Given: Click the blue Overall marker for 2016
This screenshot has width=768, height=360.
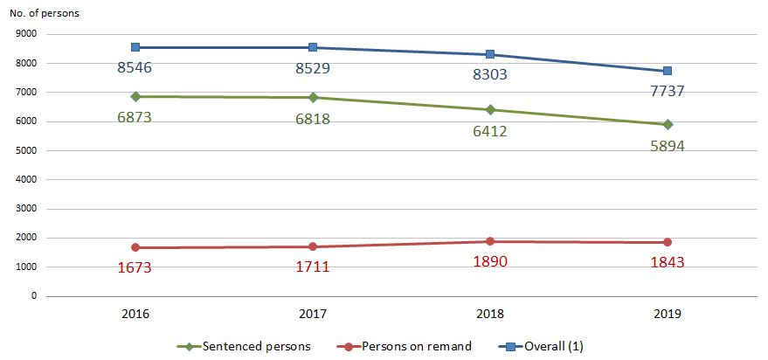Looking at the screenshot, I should pyautogui.click(x=137, y=47).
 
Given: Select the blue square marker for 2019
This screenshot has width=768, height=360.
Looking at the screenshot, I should pyautogui.click(x=667, y=71).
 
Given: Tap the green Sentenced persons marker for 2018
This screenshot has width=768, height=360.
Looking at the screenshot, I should pyautogui.click(x=490, y=110).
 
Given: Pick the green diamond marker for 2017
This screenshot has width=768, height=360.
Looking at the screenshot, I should pyautogui.click(x=314, y=98).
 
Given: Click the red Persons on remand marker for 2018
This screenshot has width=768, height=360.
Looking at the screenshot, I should pyautogui.click(x=490, y=241).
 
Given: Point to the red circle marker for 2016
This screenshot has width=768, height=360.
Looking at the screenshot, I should pyautogui.click(x=137, y=247).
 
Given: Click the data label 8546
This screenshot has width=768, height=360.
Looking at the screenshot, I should pyautogui.click(x=135, y=67).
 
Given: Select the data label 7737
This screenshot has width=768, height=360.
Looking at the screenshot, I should pyautogui.click(x=667, y=92).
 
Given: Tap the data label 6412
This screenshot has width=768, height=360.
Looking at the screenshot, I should pyautogui.click(x=490, y=131).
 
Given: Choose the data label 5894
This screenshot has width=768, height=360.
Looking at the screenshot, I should pyautogui.click(x=667, y=146).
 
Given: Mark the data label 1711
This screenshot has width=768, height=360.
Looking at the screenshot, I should pyautogui.click(x=312, y=267).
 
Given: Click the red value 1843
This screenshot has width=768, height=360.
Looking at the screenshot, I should pyautogui.click(x=667, y=262).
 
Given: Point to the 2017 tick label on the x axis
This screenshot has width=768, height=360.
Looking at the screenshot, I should pyautogui.click(x=314, y=314).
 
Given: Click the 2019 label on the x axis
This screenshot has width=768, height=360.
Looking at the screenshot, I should pyautogui.click(x=667, y=314).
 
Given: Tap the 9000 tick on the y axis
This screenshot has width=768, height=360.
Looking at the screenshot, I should pyautogui.click(x=26, y=34).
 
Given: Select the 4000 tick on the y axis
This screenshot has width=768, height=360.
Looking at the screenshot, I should pyautogui.click(x=26, y=180).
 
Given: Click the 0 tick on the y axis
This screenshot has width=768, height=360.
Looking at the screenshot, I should pyautogui.click(x=34, y=296).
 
